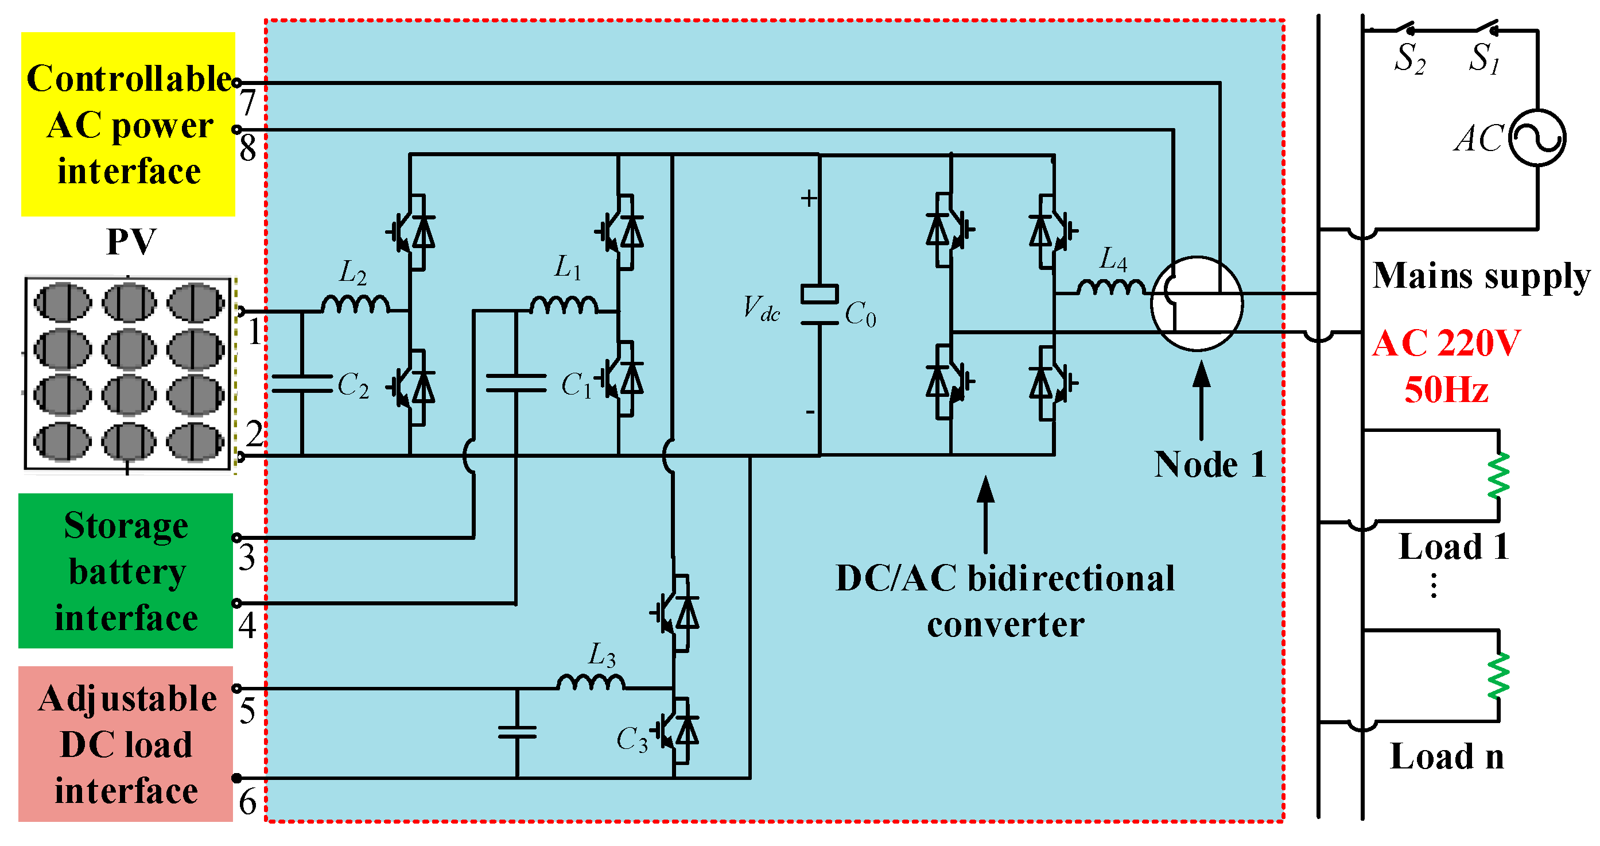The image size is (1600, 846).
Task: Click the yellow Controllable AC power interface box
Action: [x=128, y=124]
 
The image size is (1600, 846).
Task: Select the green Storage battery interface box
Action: [x=126, y=571]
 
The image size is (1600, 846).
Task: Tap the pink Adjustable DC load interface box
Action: [x=126, y=744]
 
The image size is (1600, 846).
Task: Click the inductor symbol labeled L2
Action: [x=355, y=304]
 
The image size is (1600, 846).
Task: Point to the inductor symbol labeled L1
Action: [x=564, y=304]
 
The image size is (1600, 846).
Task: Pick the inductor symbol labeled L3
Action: [x=590, y=682]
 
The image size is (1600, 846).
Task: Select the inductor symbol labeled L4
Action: [x=1110, y=287]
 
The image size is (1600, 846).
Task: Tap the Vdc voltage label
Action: [x=761, y=308]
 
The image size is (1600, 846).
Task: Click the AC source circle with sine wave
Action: [x=1537, y=137]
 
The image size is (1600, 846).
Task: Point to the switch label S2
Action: [x=1409, y=59]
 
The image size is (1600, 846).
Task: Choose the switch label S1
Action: [x=1484, y=59]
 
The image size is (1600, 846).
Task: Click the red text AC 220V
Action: [x=1446, y=343]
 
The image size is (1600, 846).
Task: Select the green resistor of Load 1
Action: [x=1498, y=476]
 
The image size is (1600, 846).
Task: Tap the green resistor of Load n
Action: [x=1498, y=675]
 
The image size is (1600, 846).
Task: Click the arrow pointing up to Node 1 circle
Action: [x=1201, y=401]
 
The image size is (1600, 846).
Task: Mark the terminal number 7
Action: [x=248, y=103]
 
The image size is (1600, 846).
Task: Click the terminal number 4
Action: [x=247, y=625]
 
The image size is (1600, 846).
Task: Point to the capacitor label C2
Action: [x=353, y=385]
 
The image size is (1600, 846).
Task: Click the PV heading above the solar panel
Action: [x=131, y=241]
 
